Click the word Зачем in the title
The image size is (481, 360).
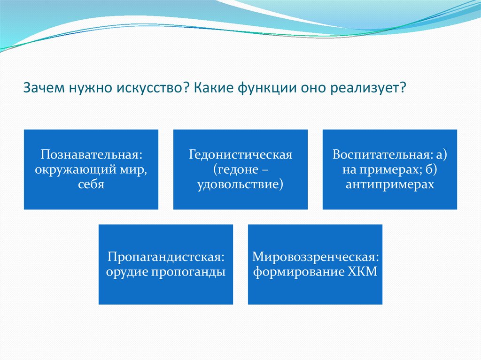[44, 88]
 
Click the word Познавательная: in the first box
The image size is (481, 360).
[92, 154]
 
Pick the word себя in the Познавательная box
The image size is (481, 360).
[91, 184]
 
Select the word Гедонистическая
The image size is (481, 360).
[240, 154]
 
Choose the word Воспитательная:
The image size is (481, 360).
[382, 154]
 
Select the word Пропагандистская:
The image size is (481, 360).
[166, 257]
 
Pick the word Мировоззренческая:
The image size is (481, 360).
[316, 257]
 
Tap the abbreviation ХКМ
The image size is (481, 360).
[363, 272]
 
